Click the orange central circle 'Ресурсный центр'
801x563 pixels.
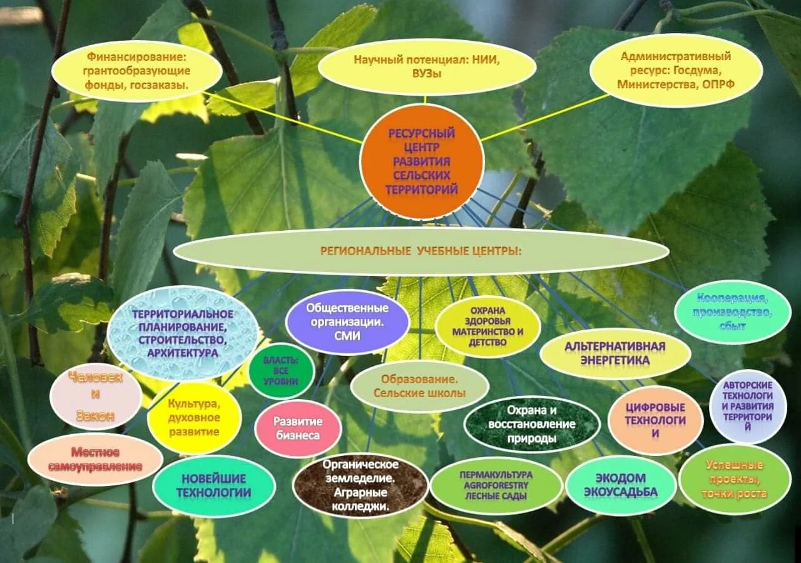tap(422, 161)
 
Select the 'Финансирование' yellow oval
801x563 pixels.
tap(136, 71)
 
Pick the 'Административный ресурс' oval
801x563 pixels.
tap(676, 69)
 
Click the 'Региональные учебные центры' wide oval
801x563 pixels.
tap(421, 251)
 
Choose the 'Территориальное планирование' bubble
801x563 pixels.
tap(183, 333)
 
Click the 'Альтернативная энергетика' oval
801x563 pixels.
tap(615, 353)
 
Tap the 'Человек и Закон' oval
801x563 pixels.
tap(96, 397)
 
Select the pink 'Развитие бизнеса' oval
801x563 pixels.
tap(298, 429)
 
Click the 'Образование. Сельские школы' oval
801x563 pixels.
tap(419, 386)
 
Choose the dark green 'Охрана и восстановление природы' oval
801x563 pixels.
tap(532, 424)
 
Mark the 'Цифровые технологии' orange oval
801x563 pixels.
tap(655, 420)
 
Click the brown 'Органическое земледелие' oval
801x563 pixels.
tap(360, 485)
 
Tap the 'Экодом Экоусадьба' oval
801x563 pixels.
tap(621, 485)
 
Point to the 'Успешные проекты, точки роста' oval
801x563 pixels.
tap(735, 479)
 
